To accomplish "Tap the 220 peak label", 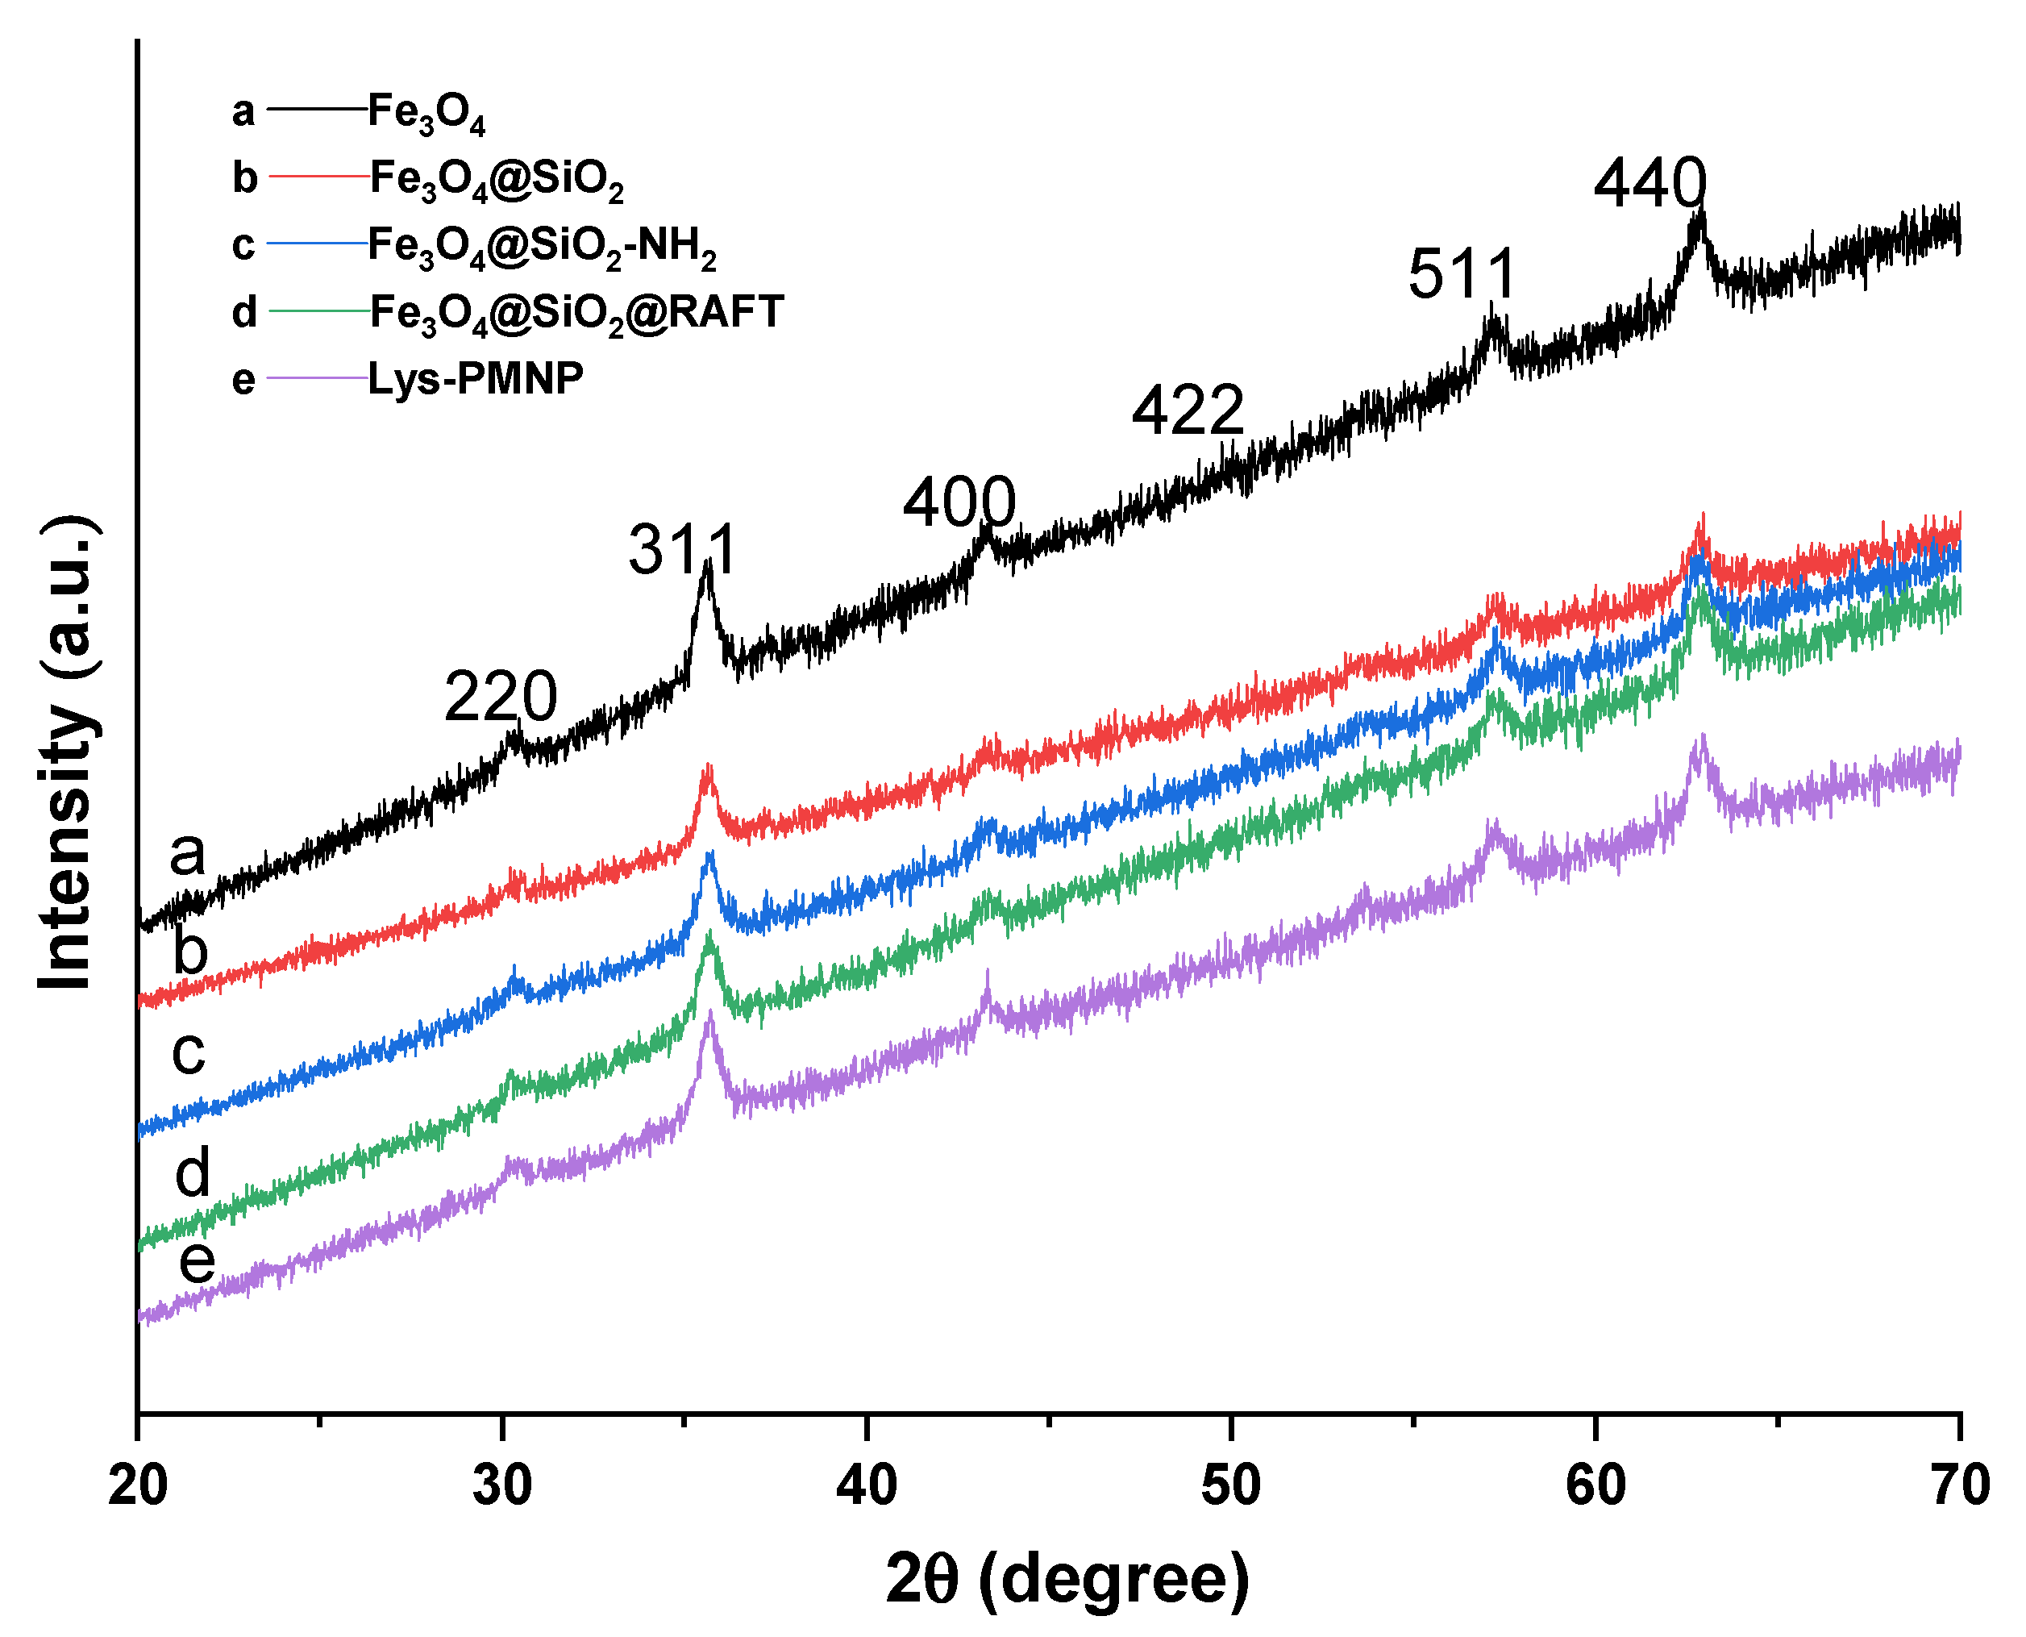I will point(501,698).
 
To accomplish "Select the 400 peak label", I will point(959,502).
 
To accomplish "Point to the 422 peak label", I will point(1187,411).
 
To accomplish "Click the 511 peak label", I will point(1462,274).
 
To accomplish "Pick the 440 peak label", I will point(1650,183).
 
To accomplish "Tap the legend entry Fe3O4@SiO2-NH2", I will point(542,246).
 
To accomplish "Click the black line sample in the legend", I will point(317,110).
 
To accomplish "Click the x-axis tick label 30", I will point(501,1486).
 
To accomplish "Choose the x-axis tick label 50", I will point(1230,1486).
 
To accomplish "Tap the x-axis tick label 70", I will point(1959,1486).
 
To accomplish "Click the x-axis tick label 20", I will point(138,1486).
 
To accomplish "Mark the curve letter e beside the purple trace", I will point(197,1262).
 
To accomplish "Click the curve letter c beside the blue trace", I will point(189,1052).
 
